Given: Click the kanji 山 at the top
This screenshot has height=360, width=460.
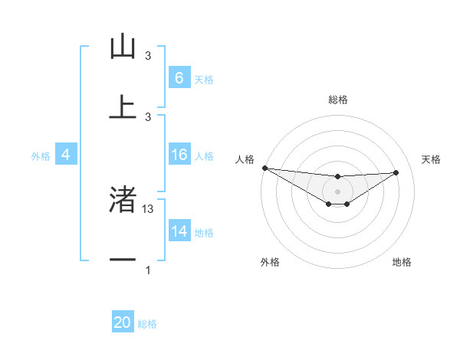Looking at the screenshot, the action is [123, 47].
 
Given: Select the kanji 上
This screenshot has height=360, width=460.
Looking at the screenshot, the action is [123, 107].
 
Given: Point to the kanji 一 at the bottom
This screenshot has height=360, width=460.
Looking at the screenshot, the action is [123, 260].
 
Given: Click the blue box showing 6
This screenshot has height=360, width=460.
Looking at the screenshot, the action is [179, 78].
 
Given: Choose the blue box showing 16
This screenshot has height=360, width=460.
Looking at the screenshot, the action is [179, 155].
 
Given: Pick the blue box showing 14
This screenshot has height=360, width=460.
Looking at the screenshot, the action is [179, 232].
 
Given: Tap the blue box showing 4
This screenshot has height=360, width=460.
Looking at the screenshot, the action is [65, 155].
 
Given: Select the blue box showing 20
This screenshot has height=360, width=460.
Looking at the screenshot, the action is [123, 323].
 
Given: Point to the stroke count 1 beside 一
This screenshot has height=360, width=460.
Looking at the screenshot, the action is [148, 270].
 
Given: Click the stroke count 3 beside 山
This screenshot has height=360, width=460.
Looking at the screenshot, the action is [148, 56].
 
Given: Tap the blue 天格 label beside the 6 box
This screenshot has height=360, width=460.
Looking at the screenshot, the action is [203, 80].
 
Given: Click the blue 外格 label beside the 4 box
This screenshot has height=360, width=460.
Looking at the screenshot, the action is [41, 156].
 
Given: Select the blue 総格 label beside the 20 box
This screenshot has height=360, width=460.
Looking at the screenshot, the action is [147, 325].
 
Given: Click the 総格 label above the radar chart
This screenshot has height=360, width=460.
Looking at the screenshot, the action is [337, 100].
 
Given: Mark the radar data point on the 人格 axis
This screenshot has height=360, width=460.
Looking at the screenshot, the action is [264, 168].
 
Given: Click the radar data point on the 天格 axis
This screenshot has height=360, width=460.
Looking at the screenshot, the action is [396, 172].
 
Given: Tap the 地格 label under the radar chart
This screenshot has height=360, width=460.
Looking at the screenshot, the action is [402, 262].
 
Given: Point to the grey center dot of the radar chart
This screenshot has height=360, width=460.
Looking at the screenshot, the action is [337, 191].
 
